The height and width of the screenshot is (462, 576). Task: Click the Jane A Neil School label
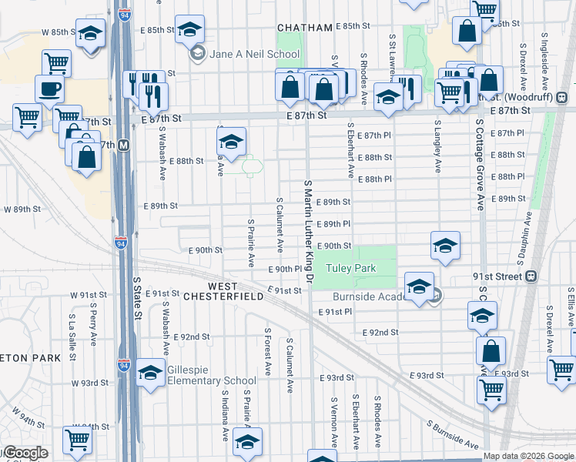[x=254, y=54]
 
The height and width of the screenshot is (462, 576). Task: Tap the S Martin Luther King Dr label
[x=309, y=231]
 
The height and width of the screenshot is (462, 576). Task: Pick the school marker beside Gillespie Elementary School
[x=150, y=373]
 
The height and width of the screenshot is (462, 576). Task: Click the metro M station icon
[x=124, y=145]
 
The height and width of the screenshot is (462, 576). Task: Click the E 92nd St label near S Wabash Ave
[x=192, y=336]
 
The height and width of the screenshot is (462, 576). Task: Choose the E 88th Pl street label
[x=374, y=179]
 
